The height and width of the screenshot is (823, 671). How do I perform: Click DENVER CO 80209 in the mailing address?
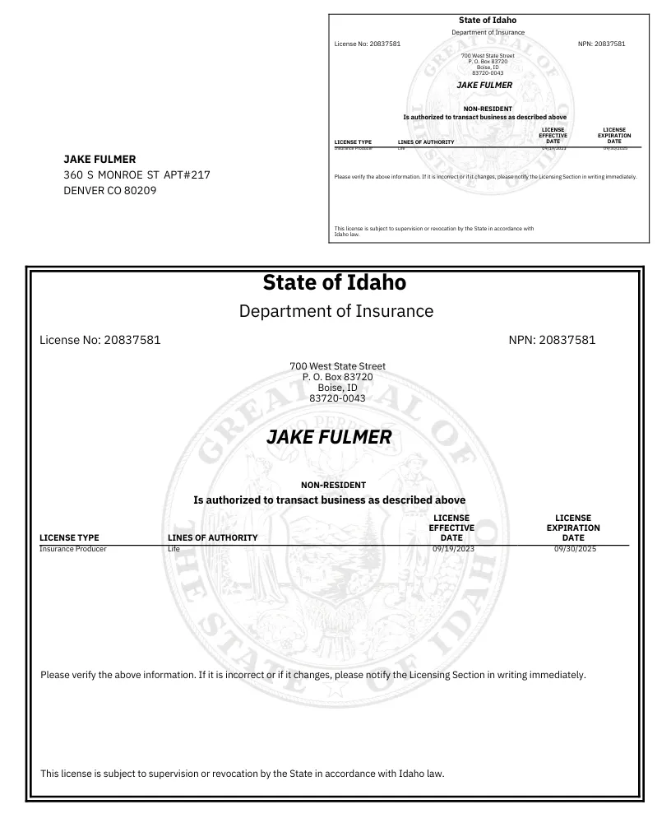tap(110, 191)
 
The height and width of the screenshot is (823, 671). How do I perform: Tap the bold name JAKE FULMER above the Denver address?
tap(99, 159)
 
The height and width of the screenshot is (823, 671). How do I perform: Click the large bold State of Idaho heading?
tap(334, 282)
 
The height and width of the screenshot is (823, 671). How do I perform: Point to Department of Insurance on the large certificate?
tap(335, 311)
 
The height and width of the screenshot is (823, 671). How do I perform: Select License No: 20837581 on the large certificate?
tap(99, 340)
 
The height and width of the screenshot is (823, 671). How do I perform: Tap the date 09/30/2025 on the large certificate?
tap(575, 548)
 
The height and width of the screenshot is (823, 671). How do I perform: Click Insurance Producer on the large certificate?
tap(73, 548)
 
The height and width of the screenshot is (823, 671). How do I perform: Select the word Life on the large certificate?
tap(174, 548)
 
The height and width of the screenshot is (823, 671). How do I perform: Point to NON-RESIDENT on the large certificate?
tap(333, 486)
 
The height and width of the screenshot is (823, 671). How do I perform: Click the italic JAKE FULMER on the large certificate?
tap(329, 438)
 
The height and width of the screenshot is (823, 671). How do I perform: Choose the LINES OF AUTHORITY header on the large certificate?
tap(212, 537)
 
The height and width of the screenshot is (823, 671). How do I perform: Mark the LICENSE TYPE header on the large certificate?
tap(69, 537)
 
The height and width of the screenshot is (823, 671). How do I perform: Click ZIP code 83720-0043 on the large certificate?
tap(337, 398)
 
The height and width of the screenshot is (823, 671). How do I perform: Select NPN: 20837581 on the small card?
tap(601, 44)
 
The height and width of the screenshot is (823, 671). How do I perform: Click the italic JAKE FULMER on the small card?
tap(484, 86)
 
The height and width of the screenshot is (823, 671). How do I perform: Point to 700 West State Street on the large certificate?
tap(337, 366)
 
